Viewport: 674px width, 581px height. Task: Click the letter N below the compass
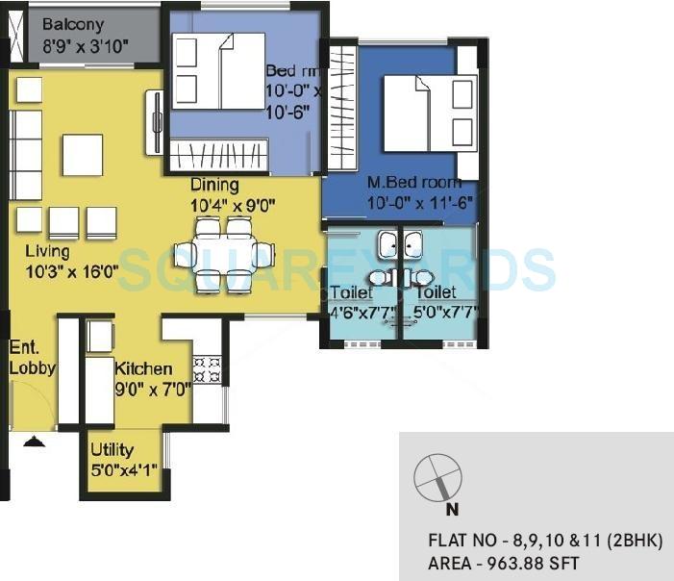[x=452, y=511]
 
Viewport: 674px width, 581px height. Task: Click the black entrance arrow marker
[x=34, y=442]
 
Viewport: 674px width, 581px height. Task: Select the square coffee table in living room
[x=83, y=155]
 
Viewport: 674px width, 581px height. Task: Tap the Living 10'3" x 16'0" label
[x=70, y=262]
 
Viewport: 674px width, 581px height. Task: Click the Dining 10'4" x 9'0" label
[x=233, y=194]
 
